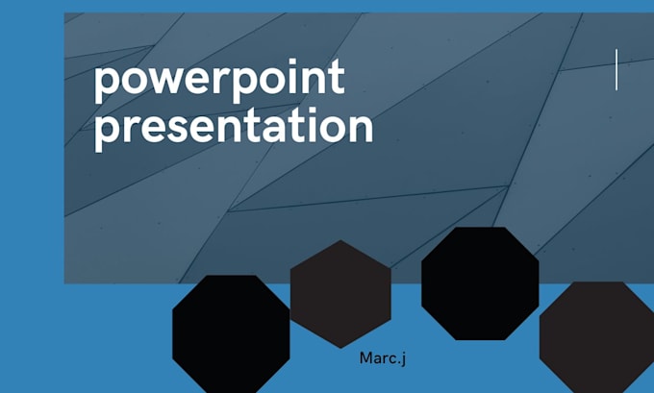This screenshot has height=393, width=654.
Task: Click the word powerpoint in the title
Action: tap(218, 81)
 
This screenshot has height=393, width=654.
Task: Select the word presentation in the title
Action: tap(233, 129)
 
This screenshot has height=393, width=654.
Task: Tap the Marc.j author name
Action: tap(383, 357)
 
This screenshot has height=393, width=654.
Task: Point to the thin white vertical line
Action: tap(616, 70)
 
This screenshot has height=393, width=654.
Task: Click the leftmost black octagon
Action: tap(231, 332)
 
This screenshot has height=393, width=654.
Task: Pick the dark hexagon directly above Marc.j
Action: tap(340, 293)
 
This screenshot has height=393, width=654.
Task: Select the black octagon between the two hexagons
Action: tap(480, 282)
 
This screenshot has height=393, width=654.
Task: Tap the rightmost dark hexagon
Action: tap(596, 335)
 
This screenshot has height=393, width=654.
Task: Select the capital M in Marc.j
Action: tap(366, 357)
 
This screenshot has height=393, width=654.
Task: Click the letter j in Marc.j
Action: tap(404, 358)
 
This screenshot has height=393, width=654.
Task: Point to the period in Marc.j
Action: tap(398, 362)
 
